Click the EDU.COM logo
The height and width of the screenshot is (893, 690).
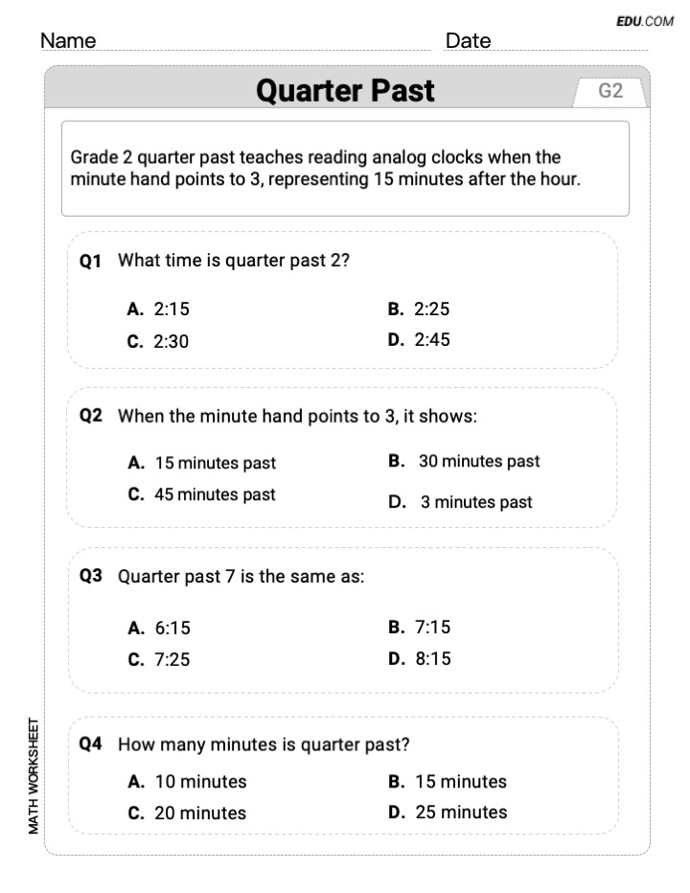pyautogui.click(x=645, y=21)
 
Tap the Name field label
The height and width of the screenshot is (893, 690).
pyautogui.click(x=68, y=41)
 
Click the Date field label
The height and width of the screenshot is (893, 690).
pyautogui.click(x=468, y=41)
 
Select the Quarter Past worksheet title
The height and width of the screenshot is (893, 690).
pyautogui.click(x=345, y=91)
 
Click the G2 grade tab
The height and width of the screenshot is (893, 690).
pyautogui.click(x=610, y=91)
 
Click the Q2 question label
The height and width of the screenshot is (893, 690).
pyautogui.click(x=91, y=416)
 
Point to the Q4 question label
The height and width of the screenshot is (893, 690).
pyautogui.click(x=91, y=744)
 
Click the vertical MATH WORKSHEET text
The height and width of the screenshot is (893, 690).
pyautogui.click(x=34, y=775)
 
